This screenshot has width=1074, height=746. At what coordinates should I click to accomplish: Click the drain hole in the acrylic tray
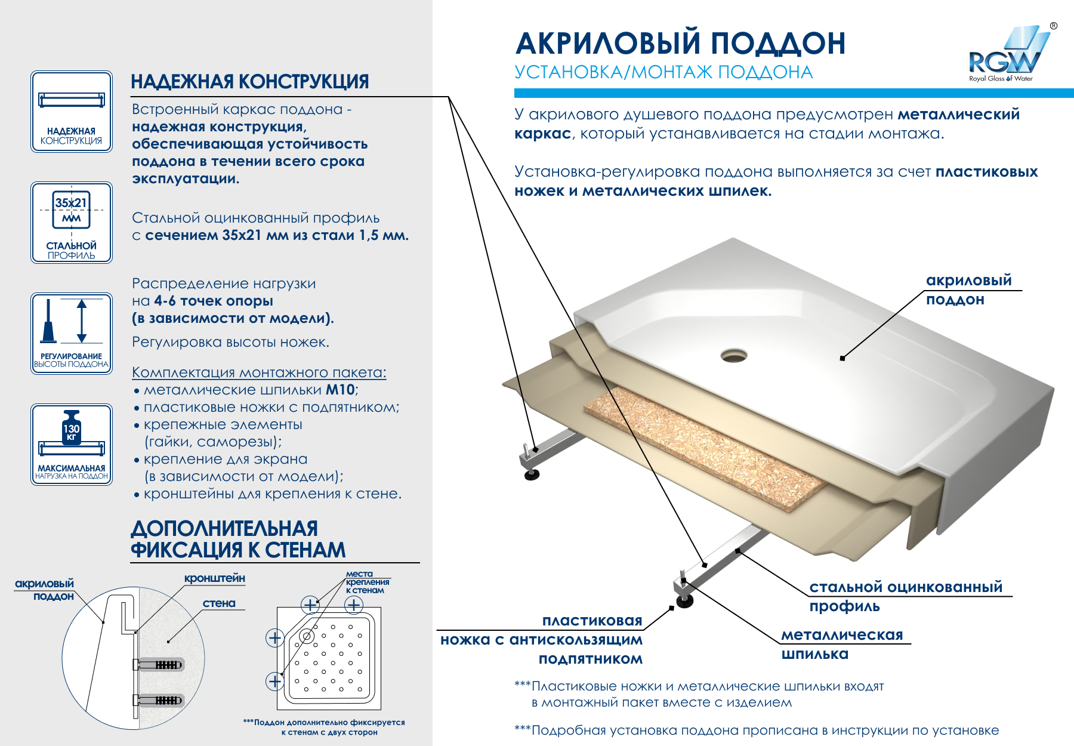click(x=733, y=356)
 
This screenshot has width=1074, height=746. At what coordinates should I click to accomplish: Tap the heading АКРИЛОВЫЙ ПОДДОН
click(x=680, y=44)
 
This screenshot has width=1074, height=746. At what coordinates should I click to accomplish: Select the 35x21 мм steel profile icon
click(x=72, y=222)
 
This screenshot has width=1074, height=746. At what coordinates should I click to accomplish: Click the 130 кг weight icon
click(x=72, y=445)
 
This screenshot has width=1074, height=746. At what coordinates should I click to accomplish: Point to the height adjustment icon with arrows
click(x=72, y=333)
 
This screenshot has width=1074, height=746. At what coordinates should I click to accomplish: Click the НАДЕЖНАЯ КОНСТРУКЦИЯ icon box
click(x=72, y=112)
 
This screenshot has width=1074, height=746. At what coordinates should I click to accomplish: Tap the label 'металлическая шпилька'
click(x=842, y=645)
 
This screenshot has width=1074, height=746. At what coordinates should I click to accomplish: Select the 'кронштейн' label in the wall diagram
click(x=214, y=578)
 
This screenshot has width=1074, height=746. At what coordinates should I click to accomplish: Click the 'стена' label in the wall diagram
click(x=219, y=603)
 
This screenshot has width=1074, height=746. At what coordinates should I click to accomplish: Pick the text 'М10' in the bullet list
click(x=340, y=390)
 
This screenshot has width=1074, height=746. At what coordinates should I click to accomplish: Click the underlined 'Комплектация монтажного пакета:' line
click(x=259, y=372)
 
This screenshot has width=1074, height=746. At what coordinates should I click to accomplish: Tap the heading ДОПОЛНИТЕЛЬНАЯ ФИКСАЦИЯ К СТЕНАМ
click(x=238, y=539)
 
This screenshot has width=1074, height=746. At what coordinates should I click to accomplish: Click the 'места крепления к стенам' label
click(x=367, y=582)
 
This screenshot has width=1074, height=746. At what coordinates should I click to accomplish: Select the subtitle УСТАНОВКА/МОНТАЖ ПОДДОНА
click(x=663, y=72)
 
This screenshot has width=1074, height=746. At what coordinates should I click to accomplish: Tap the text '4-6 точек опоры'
click(x=214, y=301)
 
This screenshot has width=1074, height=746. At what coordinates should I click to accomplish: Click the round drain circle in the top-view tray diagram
click(x=307, y=636)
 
